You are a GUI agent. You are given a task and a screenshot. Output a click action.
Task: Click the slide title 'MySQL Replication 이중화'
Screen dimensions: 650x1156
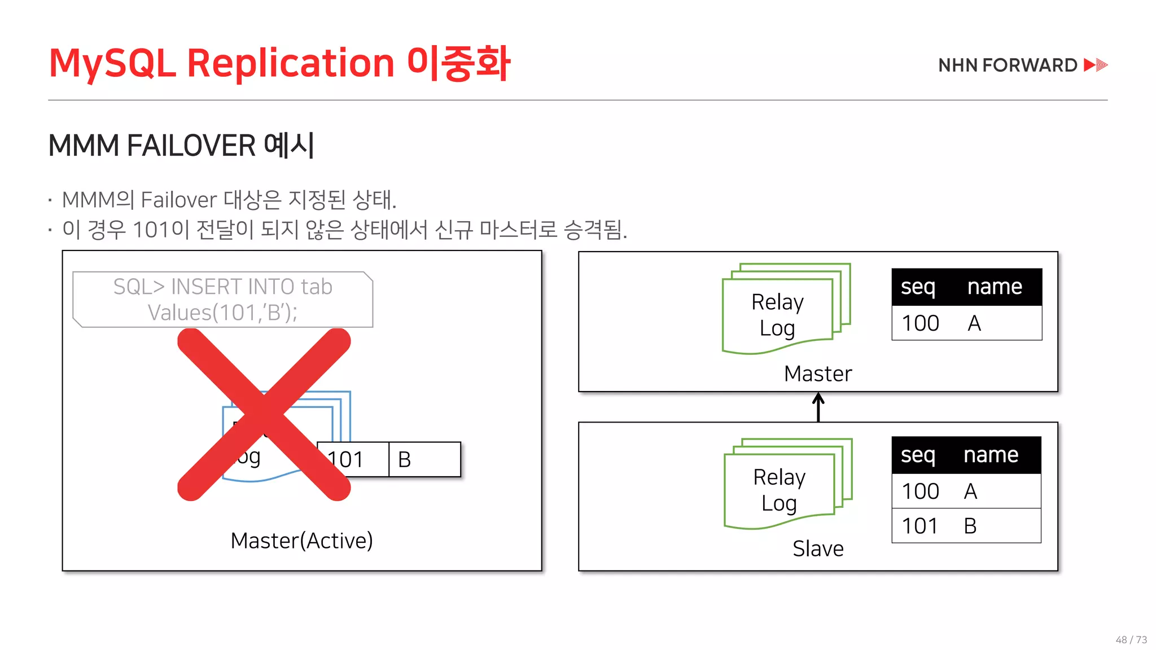point(279,63)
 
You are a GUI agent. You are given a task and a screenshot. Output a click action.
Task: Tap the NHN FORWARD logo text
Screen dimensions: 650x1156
point(1008,65)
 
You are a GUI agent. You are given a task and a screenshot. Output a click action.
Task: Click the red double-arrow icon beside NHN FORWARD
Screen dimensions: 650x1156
point(1096,65)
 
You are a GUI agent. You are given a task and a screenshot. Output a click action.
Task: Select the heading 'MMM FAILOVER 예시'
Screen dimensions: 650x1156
point(181,146)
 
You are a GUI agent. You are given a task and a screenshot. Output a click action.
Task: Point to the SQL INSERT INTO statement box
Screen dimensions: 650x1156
point(223,300)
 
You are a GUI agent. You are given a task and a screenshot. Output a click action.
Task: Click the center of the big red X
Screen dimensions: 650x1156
point(264,415)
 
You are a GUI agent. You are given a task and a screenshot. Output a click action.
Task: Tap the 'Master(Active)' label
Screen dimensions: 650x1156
point(301,541)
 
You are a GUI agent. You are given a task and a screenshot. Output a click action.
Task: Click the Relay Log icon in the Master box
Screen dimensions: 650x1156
point(785,309)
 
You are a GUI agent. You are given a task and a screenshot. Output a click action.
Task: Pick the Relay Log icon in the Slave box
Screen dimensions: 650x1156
point(787,484)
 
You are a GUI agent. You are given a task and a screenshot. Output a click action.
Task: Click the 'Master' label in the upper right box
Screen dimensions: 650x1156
point(818,374)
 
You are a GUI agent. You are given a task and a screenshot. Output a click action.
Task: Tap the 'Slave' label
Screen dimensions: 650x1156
point(818,548)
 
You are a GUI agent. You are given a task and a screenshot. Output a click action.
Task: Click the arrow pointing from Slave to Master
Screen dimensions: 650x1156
point(818,407)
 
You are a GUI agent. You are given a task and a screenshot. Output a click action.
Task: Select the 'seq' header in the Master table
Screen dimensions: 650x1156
point(918,287)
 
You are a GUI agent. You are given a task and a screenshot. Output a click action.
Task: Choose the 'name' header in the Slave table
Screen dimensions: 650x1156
point(991,455)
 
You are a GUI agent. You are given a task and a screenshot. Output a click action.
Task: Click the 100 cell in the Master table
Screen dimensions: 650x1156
point(920,323)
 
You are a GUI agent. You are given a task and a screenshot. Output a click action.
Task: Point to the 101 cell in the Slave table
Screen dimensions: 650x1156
point(920,526)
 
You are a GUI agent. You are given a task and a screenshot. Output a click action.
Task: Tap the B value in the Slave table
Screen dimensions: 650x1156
point(970,526)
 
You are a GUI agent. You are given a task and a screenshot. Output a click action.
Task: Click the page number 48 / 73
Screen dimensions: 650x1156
point(1131,639)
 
